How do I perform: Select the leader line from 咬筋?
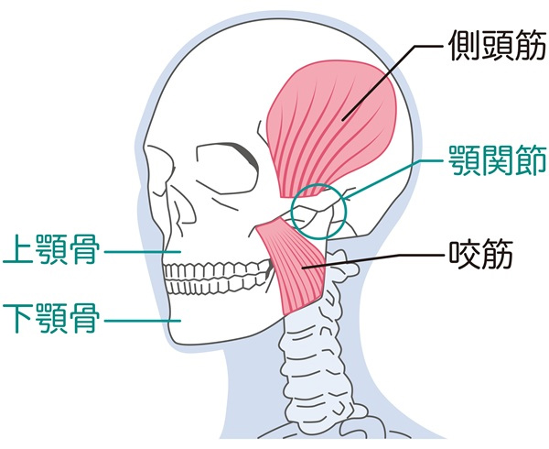384,260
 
